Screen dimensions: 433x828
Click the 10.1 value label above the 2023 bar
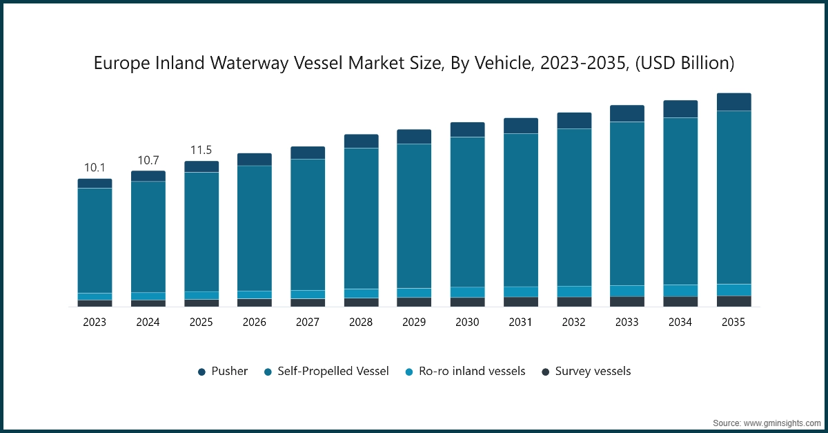click(x=95, y=168)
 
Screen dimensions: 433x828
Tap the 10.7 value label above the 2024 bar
click(x=148, y=160)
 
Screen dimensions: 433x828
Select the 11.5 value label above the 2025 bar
click(x=201, y=151)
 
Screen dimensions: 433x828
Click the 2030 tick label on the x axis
click(x=467, y=323)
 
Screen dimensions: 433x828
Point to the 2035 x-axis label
click(x=733, y=323)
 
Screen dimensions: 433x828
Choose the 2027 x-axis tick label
click(x=308, y=323)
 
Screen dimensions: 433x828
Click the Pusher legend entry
click(x=222, y=372)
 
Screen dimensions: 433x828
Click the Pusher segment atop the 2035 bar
click(x=733, y=102)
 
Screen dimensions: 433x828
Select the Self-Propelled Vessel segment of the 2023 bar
click(x=95, y=240)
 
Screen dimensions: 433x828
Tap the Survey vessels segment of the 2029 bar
click(x=414, y=302)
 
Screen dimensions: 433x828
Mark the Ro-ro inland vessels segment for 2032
click(x=574, y=291)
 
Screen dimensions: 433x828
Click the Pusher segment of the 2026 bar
click(x=255, y=160)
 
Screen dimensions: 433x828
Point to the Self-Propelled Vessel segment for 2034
click(x=680, y=201)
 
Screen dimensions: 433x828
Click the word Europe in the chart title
click(x=116, y=64)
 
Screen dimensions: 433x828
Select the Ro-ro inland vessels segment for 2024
click(x=148, y=296)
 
